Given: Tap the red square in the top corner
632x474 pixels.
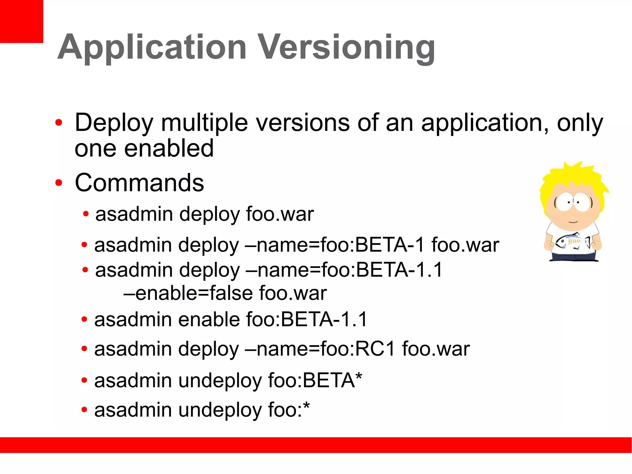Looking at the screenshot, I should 21,21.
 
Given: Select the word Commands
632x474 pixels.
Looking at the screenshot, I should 139,183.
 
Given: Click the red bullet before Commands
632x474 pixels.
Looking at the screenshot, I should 58,183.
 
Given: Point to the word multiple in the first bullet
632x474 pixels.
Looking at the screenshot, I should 204,123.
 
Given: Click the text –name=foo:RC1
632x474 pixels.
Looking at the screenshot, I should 320,349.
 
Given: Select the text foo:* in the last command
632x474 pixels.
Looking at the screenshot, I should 289,410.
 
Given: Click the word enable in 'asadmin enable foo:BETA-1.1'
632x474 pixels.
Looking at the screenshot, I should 210,319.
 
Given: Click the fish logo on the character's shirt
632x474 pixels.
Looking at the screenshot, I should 571,241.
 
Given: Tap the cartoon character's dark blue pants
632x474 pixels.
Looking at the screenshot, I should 574,256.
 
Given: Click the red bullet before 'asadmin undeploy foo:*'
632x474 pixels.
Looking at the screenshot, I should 84,410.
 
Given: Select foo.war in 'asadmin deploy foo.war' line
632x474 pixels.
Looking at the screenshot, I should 280,214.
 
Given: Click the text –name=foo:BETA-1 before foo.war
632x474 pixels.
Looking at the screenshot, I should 335,245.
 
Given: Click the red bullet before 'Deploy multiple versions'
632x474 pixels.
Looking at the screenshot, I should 58,123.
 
